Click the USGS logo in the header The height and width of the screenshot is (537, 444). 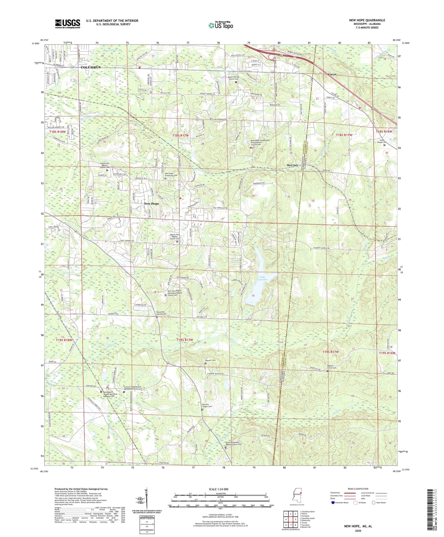(x=68, y=23)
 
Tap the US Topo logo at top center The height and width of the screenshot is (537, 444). (x=221, y=26)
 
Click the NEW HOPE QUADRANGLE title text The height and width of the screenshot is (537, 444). (x=367, y=20)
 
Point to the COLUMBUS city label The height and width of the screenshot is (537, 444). (x=91, y=67)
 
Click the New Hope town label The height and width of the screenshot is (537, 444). (x=151, y=204)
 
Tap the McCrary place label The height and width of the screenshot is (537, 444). (x=293, y=165)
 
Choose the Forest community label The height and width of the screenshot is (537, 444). (x=332, y=74)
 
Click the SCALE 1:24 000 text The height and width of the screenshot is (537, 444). (x=218, y=489)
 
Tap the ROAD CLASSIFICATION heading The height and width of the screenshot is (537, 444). (x=358, y=489)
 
